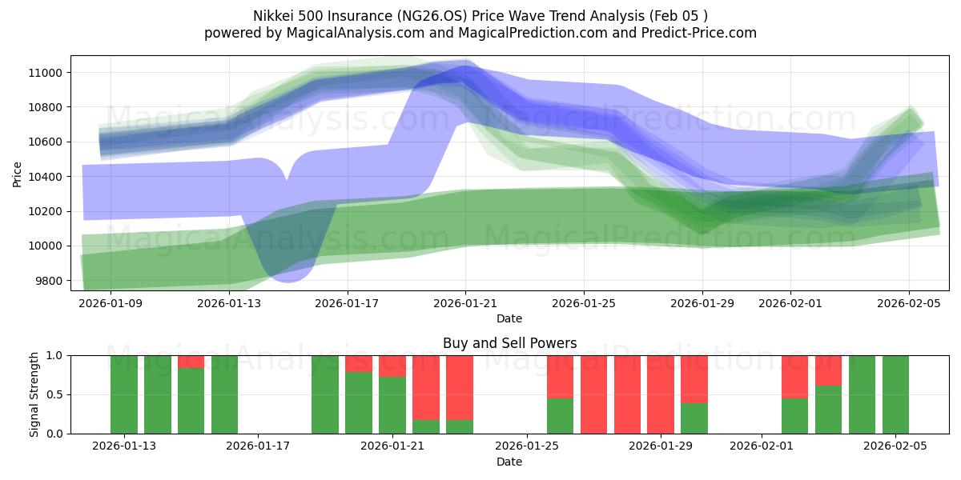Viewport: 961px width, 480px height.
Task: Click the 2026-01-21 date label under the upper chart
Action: click(x=465, y=304)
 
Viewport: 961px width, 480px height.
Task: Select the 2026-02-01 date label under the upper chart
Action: click(x=790, y=304)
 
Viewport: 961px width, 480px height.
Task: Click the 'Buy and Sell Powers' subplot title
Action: click(x=509, y=343)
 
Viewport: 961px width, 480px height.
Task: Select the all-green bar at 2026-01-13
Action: click(x=124, y=394)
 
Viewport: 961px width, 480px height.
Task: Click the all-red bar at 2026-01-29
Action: click(x=661, y=394)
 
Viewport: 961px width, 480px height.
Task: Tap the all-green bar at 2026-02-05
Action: click(x=895, y=394)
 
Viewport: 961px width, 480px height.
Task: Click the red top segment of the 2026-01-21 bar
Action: click(x=392, y=366)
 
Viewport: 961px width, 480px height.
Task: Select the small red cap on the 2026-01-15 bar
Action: click(x=191, y=362)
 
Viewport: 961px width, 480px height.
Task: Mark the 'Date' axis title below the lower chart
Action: click(x=509, y=462)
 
